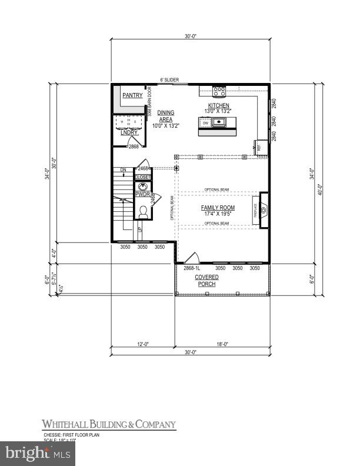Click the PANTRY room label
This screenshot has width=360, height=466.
(x=129, y=95)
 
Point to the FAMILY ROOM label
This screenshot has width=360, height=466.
(x=218, y=208)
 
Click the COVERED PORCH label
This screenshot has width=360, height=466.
(x=206, y=279)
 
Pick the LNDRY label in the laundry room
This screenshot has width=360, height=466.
(x=129, y=132)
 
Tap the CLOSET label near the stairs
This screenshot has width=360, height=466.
(x=142, y=177)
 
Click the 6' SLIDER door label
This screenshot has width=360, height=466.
(x=170, y=80)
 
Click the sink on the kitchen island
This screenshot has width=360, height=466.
(x=219, y=122)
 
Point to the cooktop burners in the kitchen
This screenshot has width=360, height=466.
(x=219, y=91)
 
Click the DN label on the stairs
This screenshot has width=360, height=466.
(x=123, y=171)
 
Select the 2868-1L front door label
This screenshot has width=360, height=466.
(x=192, y=268)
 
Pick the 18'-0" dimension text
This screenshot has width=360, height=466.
(x=221, y=345)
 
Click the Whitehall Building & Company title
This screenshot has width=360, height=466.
(x=108, y=424)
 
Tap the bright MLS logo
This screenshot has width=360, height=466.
(x=38, y=453)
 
